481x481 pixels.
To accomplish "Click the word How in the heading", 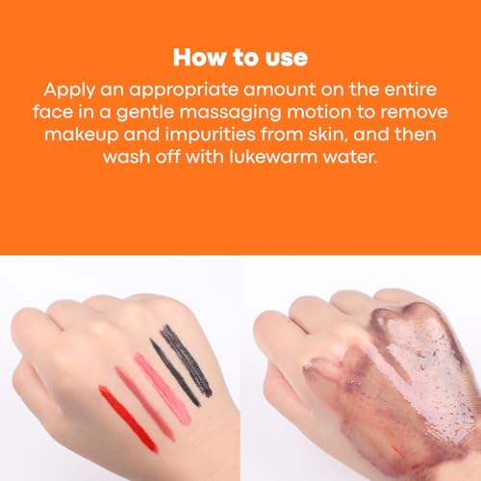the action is point(199,58).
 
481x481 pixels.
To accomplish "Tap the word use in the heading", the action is point(287,60).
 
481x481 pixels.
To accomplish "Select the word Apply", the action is point(69,90).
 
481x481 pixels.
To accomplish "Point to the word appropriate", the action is point(184,90).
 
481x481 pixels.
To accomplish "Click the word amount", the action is point(279,89).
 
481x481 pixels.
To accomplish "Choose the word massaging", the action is point(230,113).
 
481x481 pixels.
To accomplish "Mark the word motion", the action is point(318,113).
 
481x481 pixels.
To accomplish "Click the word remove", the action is point(414,114).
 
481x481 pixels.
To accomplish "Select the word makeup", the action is point(82,136).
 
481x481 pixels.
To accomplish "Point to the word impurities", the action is point(210,136).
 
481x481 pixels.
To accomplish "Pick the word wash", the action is point(127,157).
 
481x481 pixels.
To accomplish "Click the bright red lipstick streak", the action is point(128,419).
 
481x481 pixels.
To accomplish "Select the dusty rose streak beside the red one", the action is point(144,404).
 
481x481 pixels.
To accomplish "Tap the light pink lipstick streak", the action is point(163,389).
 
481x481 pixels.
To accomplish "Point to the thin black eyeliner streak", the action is point(175,373).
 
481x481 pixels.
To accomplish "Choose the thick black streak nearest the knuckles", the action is point(187,361).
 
